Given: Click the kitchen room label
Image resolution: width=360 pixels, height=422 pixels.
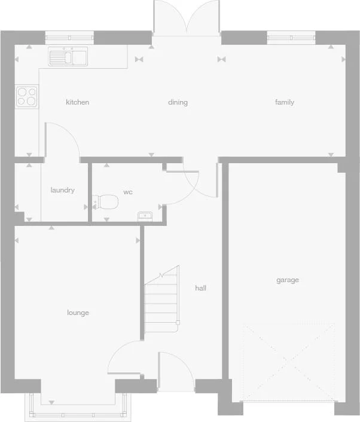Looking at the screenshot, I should pyautogui.click(x=77, y=102).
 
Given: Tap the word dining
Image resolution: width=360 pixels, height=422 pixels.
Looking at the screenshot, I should pyautogui.click(x=178, y=102).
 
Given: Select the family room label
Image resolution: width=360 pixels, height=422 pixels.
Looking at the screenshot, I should pyautogui.click(x=285, y=102).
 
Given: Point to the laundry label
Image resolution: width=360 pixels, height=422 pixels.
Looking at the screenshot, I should pyautogui.click(x=63, y=190).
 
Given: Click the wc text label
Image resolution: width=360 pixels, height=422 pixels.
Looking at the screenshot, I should pyautogui.click(x=128, y=192).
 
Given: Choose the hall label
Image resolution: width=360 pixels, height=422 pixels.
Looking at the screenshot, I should pyautogui.click(x=201, y=288).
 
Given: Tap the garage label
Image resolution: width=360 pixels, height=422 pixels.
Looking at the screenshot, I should pyautogui.click(x=288, y=280).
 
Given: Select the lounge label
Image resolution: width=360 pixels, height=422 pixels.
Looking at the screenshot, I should pyautogui.click(x=78, y=313).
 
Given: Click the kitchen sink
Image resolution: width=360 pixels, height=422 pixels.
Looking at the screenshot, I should pyautogui.click(x=68, y=57).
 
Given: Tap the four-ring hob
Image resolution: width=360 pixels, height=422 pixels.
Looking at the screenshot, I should pyautogui.click(x=27, y=96).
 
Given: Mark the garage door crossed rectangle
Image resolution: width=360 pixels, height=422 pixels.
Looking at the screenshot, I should pyautogui.click(x=288, y=362).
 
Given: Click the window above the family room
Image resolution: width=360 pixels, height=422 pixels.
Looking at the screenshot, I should pyautogui.click(x=291, y=38).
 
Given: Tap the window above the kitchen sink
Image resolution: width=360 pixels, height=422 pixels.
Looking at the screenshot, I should pyautogui.click(x=68, y=37).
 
